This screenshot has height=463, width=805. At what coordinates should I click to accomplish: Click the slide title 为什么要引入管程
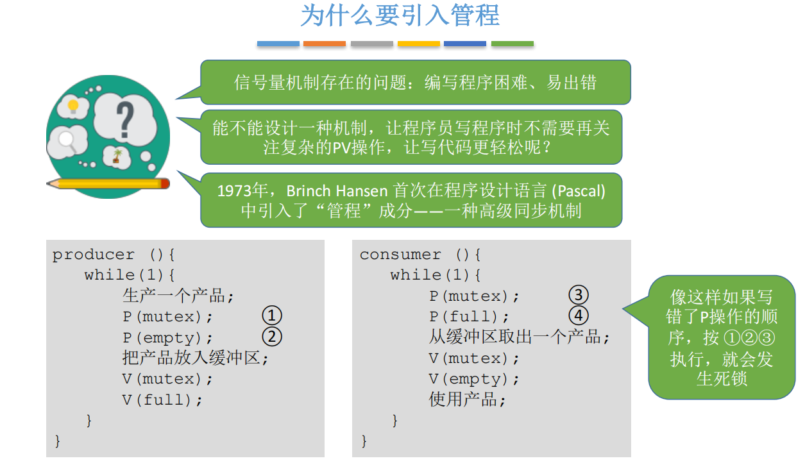pyautogui.click(x=400, y=16)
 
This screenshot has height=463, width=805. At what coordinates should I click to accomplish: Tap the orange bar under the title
pyautogui.click(x=325, y=44)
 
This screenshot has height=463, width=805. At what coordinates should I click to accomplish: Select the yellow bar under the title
pyautogui.click(x=418, y=44)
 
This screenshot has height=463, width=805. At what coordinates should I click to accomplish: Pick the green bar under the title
pyautogui.click(x=513, y=44)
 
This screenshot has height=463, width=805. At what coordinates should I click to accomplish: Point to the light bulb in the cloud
pyautogui.click(x=73, y=105)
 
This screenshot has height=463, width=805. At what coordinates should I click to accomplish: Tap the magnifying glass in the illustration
pyautogui.click(x=67, y=140)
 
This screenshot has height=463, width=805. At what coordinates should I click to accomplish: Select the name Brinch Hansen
pyautogui.click(x=337, y=191)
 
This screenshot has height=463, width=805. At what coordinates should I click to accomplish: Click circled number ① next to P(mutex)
pyautogui.click(x=272, y=316)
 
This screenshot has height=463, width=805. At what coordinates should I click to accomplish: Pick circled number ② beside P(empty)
pyautogui.click(x=272, y=336)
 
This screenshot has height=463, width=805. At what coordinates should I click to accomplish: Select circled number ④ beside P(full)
pyautogui.click(x=579, y=316)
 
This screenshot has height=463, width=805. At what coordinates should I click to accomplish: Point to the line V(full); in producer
pyautogui.click(x=162, y=400)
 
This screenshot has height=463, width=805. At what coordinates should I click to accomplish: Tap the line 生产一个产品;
pyautogui.click(x=178, y=296)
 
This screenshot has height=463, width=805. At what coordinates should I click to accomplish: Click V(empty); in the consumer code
pyautogui.click(x=474, y=379)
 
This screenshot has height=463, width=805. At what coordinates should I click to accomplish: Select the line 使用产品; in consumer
pyautogui.click(x=468, y=400)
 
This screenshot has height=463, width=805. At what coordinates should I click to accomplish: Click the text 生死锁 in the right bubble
pyautogui.click(x=722, y=378)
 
